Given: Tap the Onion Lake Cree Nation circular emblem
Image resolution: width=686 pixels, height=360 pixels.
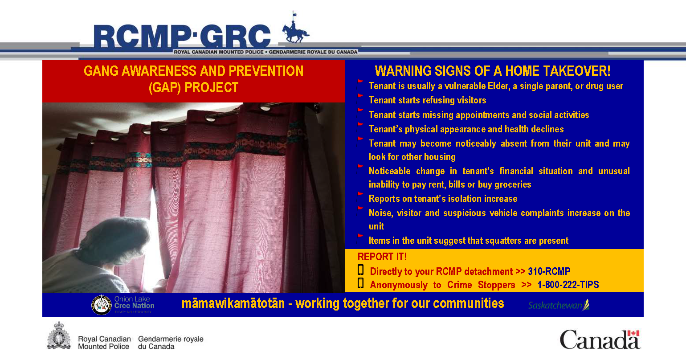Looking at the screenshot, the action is click(x=102, y=305).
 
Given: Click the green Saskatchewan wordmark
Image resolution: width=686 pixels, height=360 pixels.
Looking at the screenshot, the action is click(x=559, y=305).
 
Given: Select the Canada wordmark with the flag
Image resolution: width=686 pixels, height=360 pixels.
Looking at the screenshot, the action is click(x=600, y=339).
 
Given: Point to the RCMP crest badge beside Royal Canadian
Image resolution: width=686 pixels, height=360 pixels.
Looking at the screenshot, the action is click(x=59, y=336).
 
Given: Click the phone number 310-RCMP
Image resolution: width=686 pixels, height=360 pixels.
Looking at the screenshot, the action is click(x=549, y=271).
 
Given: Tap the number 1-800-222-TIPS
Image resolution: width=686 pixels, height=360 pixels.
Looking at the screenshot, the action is click(x=568, y=285).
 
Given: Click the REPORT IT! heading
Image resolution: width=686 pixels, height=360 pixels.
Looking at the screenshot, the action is click(x=382, y=257).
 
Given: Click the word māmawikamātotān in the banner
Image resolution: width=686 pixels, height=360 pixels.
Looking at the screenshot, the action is click(x=233, y=303).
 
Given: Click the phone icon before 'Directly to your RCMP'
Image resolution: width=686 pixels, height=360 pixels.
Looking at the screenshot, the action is click(x=361, y=270).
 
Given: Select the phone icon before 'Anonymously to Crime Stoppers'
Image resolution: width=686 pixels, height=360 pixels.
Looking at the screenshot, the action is click(x=361, y=283).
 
